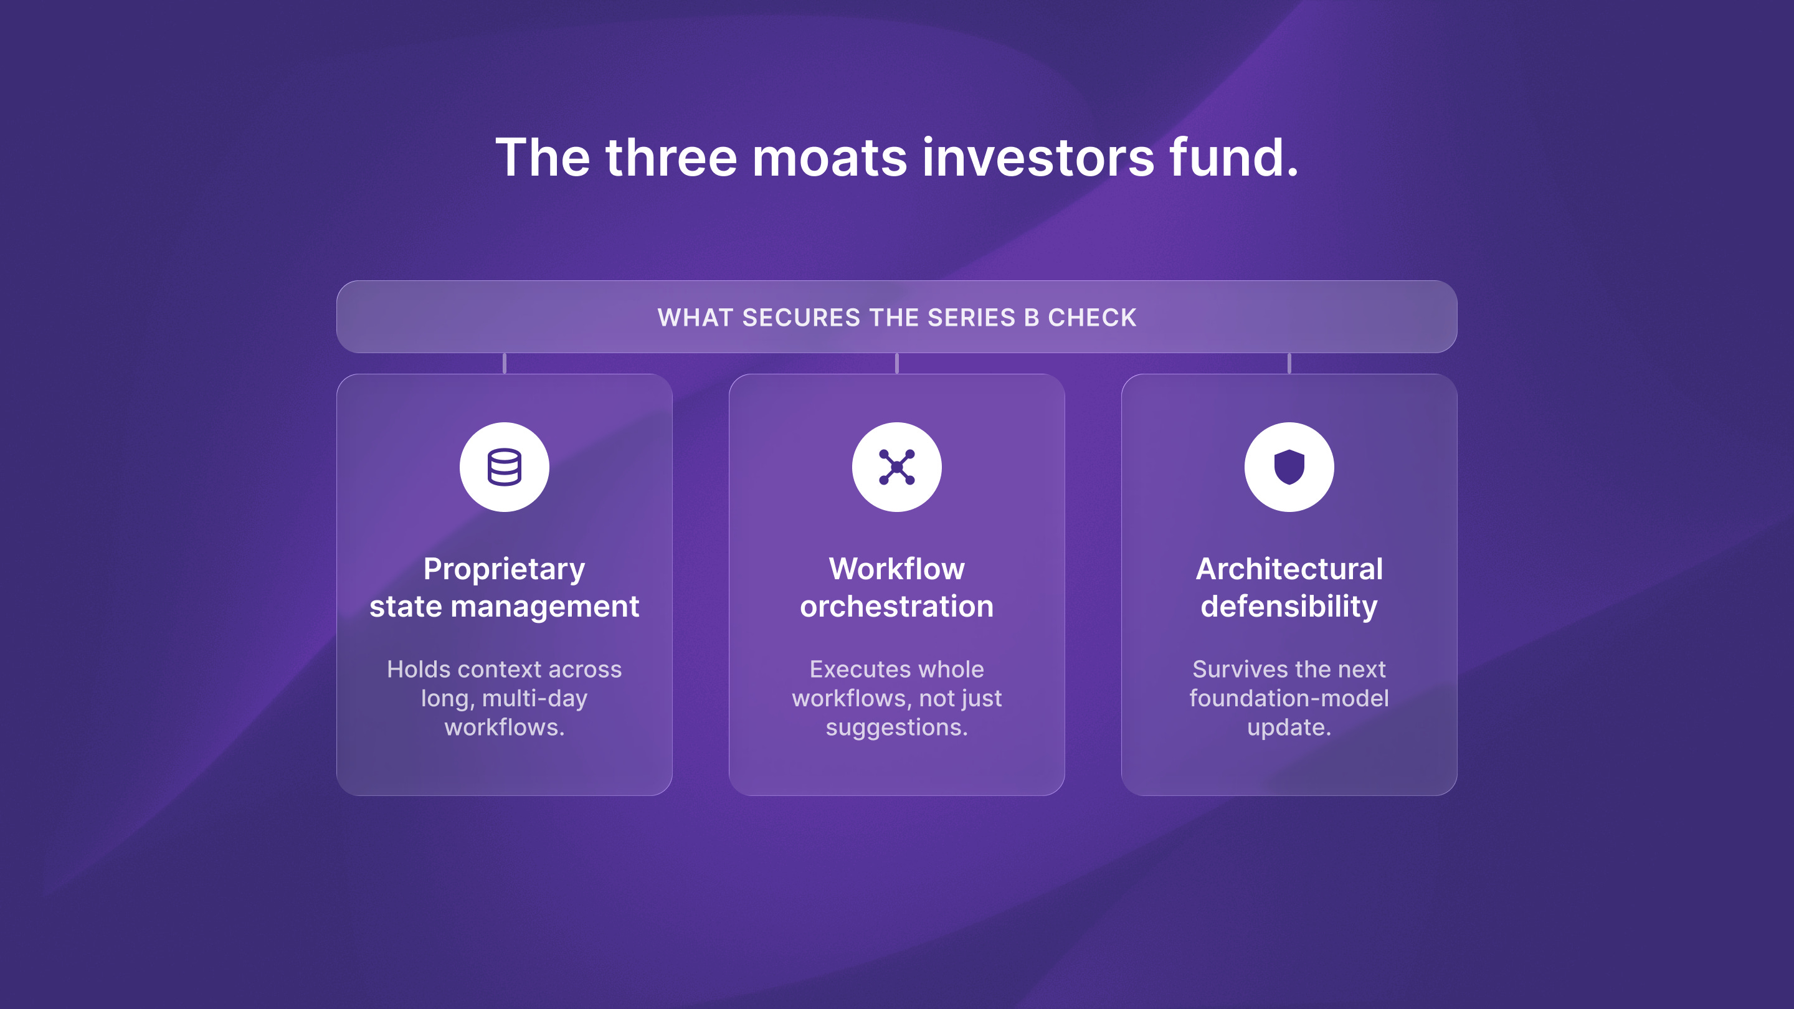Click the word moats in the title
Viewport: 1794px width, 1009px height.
(830, 158)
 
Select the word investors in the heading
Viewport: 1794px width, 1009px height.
(1038, 158)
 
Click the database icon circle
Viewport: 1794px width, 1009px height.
(504, 467)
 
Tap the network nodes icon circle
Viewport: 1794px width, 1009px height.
(897, 467)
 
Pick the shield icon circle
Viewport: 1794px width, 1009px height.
(1289, 467)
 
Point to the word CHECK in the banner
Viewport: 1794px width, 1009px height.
(1092, 318)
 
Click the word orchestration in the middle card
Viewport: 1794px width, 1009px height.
(897, 607)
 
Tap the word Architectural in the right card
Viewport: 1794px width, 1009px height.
(1289, 569)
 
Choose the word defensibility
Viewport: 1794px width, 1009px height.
(1289, 607)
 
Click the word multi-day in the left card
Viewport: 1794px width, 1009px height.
(535, 698)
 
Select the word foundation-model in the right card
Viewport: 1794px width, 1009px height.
(1289, 698)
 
